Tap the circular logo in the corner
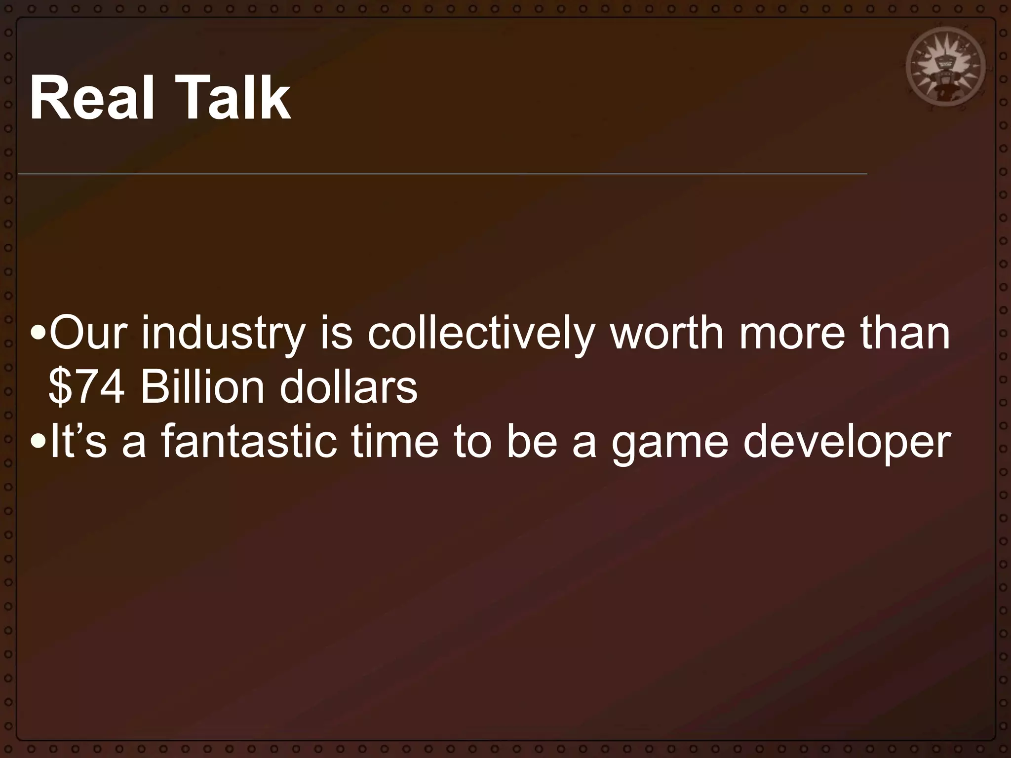(x=945, y=70)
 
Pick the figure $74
(x=86, y=387)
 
